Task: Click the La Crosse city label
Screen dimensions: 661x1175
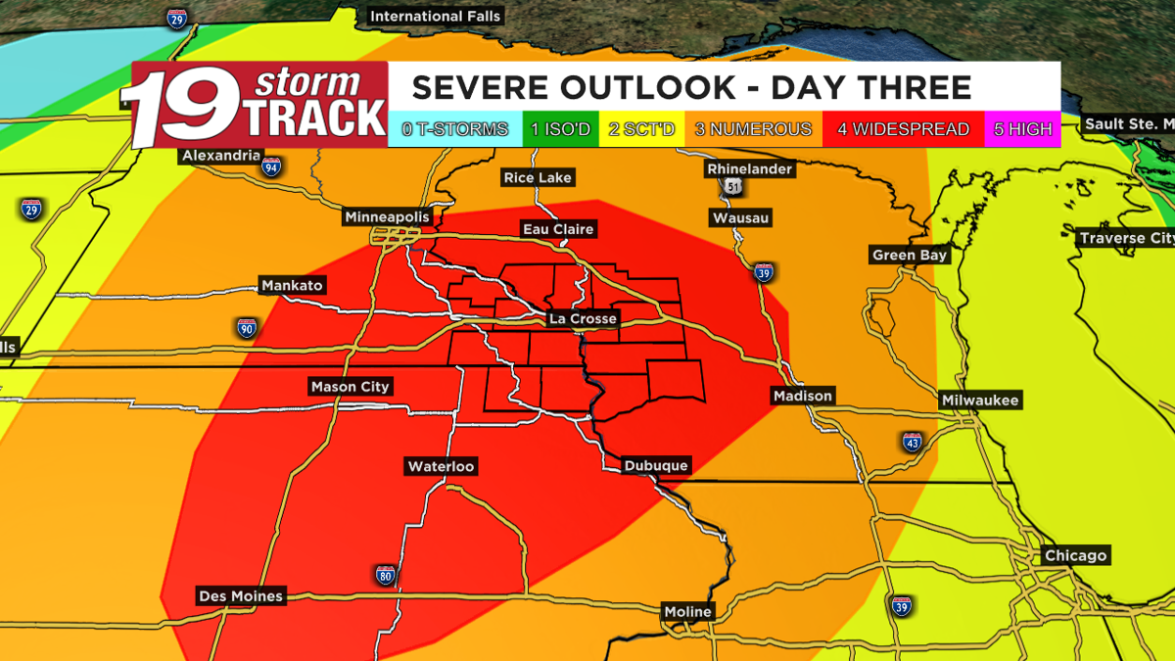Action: pos(583,319)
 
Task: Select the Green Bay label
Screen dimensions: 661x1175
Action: pos(910,256)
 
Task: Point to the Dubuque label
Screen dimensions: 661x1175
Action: pos(657,466)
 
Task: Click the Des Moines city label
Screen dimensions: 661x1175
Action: pos(240,595)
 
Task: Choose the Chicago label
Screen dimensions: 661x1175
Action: pos(1075,555)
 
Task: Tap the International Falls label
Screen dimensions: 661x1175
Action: pos(436,16)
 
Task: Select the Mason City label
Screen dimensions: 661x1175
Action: pos(350,387)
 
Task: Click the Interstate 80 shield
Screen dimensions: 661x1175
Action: pos(386,575)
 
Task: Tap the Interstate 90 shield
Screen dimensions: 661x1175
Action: pos(247,327)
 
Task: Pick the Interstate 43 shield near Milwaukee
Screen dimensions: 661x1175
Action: pos(911,444)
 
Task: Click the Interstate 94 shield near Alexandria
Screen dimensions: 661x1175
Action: pos(271,167)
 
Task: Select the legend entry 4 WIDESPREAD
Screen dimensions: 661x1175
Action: pos(903,129)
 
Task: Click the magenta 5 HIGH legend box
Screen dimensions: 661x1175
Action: pos(1023,129)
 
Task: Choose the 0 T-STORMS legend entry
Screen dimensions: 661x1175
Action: pos(455,129)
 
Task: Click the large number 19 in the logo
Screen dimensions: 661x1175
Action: pos(186,106)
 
